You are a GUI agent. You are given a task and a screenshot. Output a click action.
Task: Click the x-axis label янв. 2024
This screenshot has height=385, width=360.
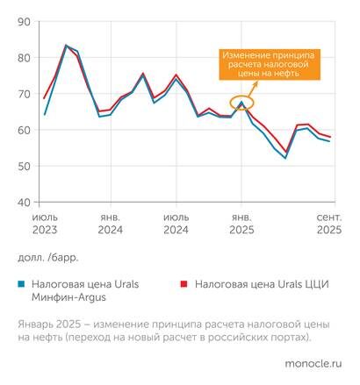click(x=111, y=222)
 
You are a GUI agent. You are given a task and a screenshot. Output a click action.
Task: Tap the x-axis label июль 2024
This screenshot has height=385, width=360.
click(x=176, y=222)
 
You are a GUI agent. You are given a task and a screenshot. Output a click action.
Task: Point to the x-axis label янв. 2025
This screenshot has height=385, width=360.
click(x=241, y=222)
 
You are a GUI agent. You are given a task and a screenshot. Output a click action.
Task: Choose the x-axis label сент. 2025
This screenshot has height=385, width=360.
click(x=328, y=222)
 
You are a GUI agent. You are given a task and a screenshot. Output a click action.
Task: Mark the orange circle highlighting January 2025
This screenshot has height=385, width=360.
click(x=241, y=104)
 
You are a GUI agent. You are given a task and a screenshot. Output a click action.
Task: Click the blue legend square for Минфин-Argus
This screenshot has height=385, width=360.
click(x=21, y=285)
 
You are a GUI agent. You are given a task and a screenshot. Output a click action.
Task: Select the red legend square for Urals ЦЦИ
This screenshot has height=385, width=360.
click(x=184, y=285)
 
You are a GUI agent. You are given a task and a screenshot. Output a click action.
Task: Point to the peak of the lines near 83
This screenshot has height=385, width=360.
click(x=67, y=46)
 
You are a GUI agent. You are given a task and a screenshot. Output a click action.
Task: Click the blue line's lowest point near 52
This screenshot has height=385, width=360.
click(x=285, y=158)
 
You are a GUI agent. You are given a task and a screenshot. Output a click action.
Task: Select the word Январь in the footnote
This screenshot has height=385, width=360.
click(x=36, y=322)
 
